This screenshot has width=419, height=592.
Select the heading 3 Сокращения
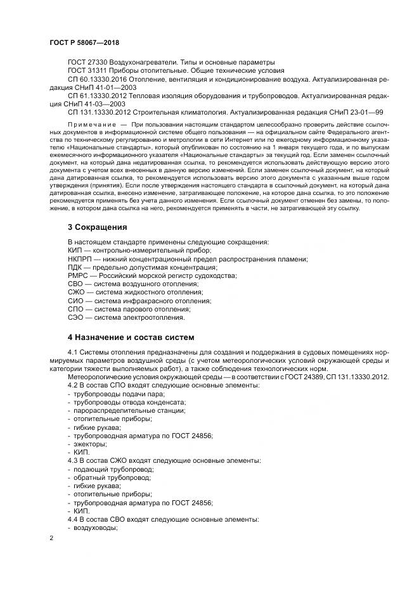98,227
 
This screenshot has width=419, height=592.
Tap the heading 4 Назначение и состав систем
131,336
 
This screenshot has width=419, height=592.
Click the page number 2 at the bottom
52,538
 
